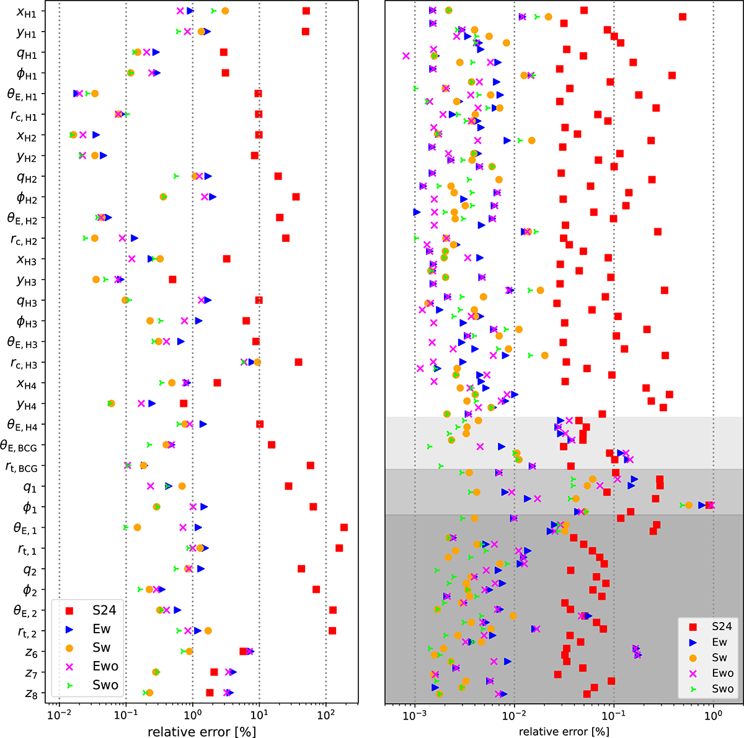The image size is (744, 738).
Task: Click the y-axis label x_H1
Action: [x=26, y=12]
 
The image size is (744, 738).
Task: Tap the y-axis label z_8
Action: [x=30, y=694]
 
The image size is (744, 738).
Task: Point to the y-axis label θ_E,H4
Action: [x=22, y=425]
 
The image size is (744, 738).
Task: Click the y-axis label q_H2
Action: [x=26, y=178]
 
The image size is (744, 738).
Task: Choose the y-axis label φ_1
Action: [x=30, y=508]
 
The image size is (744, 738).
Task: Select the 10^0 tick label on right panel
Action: [x=714, y=714]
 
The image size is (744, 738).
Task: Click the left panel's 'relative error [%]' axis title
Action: [x=201, y=731]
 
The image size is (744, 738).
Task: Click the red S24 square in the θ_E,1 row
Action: [x=343, y=527]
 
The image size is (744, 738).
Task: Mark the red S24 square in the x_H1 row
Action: [x=306, y=11]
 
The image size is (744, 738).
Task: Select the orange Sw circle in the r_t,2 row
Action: [x=208, y=631]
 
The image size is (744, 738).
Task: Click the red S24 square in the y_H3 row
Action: [x=172, y=280]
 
